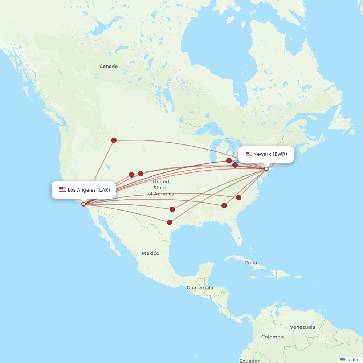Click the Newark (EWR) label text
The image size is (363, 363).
pos(270,154)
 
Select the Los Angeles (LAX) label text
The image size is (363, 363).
pos(89,190)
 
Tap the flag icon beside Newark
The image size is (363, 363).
pos(249,154)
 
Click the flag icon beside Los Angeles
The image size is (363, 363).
pos(62,189)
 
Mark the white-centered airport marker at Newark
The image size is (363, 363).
pos(266,169)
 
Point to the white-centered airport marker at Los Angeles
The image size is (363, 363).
pos(83,204)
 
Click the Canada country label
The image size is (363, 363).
pos(109,66)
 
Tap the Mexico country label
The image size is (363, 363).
pos(150,253)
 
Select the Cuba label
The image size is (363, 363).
pos(250,262)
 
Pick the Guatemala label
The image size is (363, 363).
pos(200,288)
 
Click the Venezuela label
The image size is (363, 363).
pos(302,327)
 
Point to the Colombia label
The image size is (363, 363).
pos(273,337)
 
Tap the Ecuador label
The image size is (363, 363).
pos(249,361)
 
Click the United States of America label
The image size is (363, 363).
pos(161,188)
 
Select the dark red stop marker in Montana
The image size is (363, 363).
pos(114,140)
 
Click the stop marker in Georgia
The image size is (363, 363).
pos(224,205)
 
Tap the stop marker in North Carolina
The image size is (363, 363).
pos(238,197)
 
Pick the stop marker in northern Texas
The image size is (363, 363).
pos(172,209)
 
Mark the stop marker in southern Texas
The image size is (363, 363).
pos(170,222)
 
